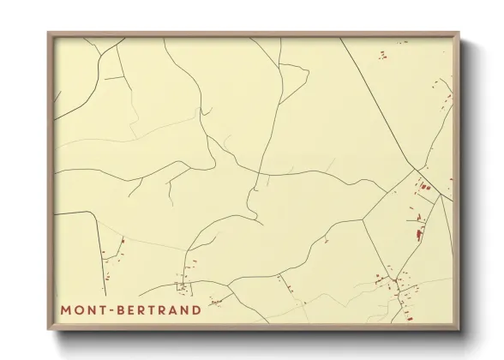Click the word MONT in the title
point(84,309)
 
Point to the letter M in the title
point(66,309)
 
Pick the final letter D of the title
point(197,309)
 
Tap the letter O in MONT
point(78,309)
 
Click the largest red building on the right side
point(418,232)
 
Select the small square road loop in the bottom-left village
point(182,285)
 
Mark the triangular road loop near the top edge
point(291,81)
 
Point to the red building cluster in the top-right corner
point(382,55)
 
